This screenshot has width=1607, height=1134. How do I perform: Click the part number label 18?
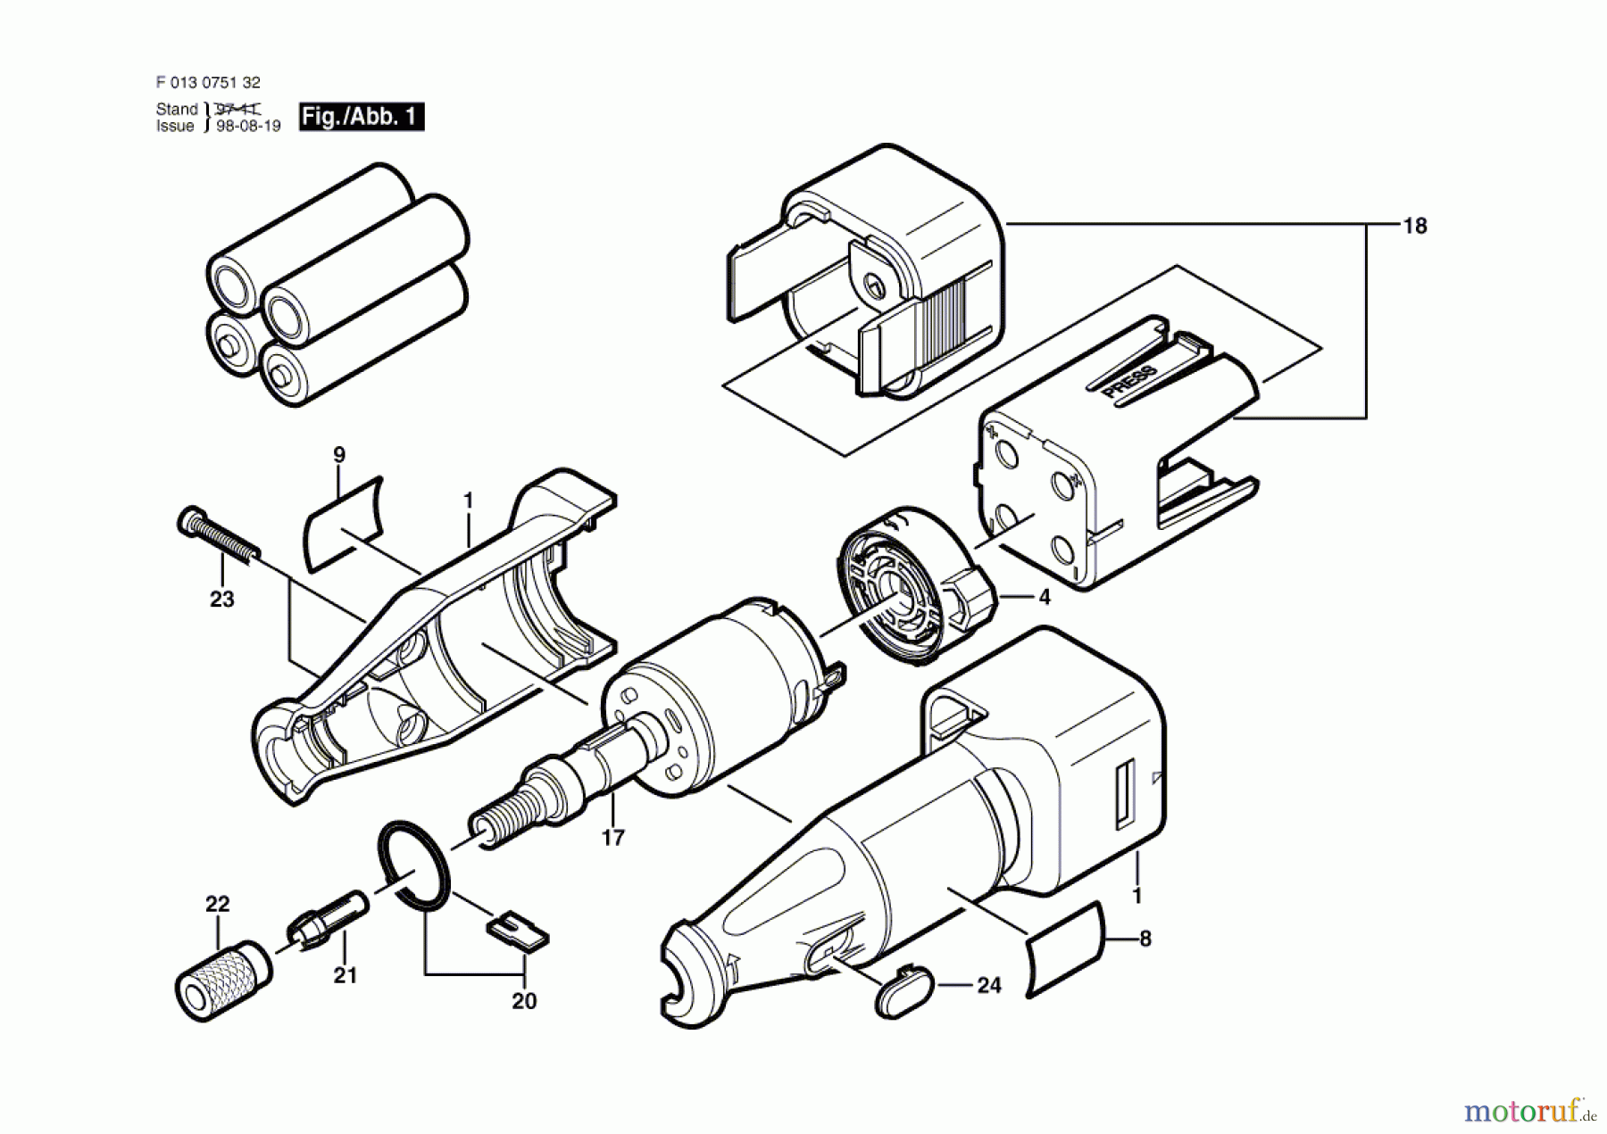(x=1414, y=227)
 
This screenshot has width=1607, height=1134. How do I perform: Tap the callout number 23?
(x=221, y=600)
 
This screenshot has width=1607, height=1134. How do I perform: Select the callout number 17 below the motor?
(x=612, y=838)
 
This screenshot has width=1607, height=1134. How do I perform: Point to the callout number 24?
(x=988, y=986)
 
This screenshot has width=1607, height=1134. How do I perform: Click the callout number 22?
(x=217, y=904)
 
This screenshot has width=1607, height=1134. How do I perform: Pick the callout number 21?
(x=345, y=976)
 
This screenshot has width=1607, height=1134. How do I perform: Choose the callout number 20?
(x=524, y=1002)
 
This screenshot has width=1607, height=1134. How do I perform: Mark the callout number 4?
(x=1044, y=597)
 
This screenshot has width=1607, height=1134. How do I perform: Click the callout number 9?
(x=339, y=455)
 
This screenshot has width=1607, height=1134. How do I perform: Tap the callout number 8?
(x=1145, y=939)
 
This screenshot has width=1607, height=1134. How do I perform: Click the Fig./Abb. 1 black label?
(x=361, y=117)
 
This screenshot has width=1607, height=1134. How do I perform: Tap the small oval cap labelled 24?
(x=903, y=988)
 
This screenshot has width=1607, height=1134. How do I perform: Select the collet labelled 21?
(x=325, y=918)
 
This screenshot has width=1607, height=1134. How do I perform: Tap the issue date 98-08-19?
(x=248, y=127)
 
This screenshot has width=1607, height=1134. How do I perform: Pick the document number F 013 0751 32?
(x=208, y=82)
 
